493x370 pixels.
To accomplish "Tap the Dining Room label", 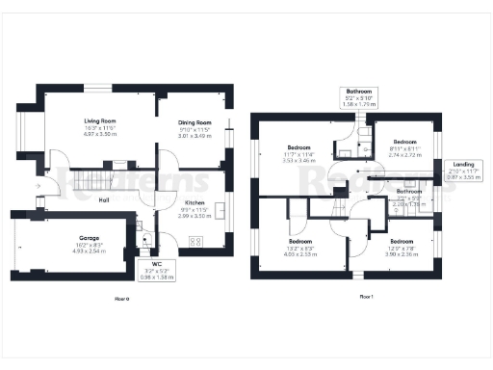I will [194, 123].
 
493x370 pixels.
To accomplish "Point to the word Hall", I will [102, 199].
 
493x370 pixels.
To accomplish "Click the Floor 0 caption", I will [121, 301].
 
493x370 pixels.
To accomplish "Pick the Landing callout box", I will [464, 170].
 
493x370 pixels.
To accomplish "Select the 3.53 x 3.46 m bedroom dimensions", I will [298, 161].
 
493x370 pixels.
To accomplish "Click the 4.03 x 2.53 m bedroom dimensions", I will [301, 253].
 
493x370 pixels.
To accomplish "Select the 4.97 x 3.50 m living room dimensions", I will [100, 135].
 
